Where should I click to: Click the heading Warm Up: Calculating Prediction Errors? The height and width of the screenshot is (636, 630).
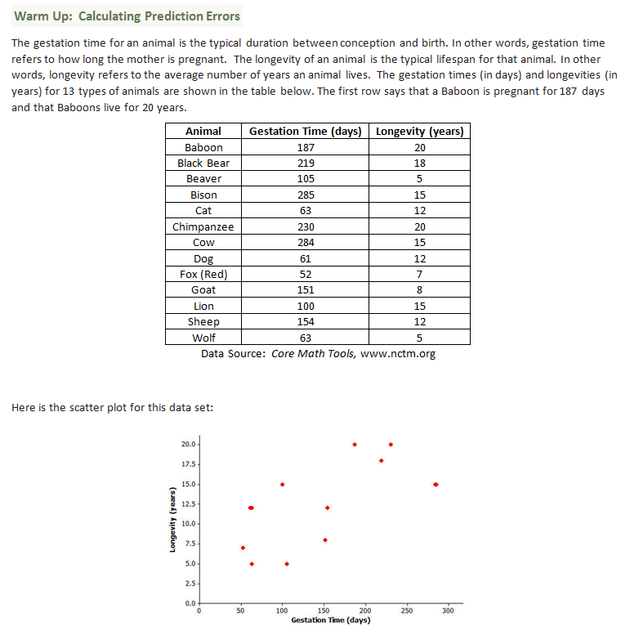click(x=127, y=16)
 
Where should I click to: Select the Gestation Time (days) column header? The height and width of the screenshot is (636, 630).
click(x=305, y=131)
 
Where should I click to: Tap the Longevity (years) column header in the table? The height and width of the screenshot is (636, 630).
click(x=420, y=131)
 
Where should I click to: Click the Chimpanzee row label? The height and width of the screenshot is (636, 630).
click(x=203, y=226)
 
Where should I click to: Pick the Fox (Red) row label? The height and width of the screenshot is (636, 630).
click(x=203, y=274)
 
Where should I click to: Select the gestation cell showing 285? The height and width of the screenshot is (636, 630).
click(x=305, y=195)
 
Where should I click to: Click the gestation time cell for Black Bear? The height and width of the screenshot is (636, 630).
click(x=305, y=163)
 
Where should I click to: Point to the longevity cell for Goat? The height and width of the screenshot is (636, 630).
click(x=420, y=289)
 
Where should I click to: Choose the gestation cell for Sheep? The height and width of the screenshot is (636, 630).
click(x=305, y=321)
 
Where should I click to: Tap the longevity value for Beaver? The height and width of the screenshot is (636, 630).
click(x=420, y=178)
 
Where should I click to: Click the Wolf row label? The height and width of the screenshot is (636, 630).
click(x=203, y=338)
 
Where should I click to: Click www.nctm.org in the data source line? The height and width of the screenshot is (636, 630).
click(x=397, y=354)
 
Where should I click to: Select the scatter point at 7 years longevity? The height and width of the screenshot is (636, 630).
click(x=243, y=548)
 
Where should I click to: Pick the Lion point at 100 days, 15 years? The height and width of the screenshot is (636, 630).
click(x=283, y=484)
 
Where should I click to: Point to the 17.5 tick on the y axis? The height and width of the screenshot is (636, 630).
click(x=188, y=464)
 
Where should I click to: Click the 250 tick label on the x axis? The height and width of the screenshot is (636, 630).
click(x=407, y=611)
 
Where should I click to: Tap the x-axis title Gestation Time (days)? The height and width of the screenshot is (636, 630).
click(x=330, y=620)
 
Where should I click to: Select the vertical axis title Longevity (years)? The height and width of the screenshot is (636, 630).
click(x=172, y=523)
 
